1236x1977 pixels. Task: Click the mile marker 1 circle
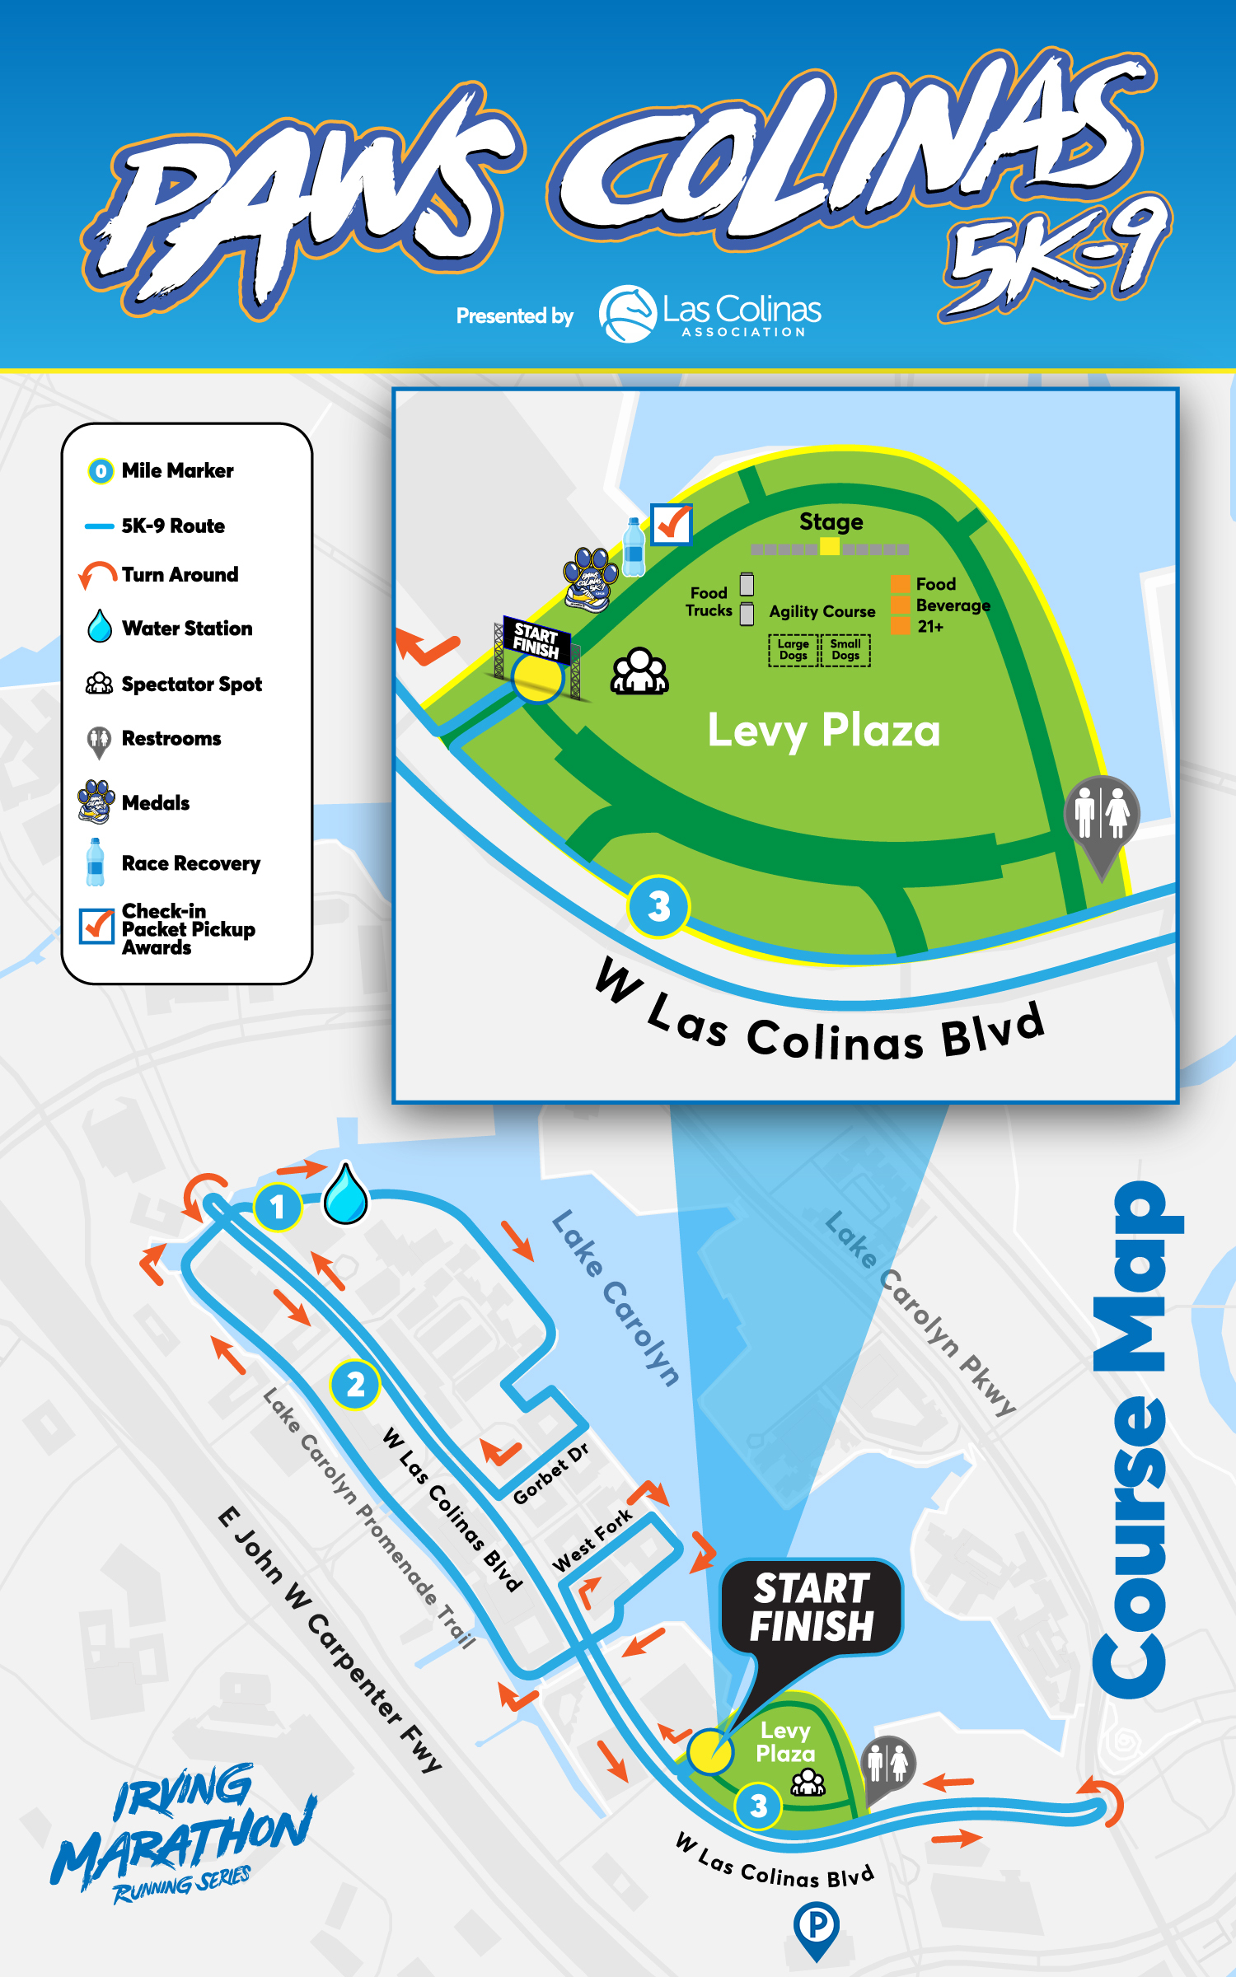point(278,1207)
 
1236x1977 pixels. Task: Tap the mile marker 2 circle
point(355,1385)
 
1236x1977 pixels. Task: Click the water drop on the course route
point(346,1194)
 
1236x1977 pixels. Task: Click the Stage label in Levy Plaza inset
point(831,521)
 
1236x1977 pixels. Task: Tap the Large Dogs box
point(793,650)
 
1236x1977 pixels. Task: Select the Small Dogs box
point(845,650)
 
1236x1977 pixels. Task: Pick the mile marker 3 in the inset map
point(658,906)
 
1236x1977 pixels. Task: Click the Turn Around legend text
point(180,574)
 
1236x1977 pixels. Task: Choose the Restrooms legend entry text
point(171,738)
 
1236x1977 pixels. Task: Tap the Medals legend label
point(156,802)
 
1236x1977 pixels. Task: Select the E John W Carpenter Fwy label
point(330,1639)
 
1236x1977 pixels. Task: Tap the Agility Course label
point(822,611)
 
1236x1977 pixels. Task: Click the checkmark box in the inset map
point(672,524)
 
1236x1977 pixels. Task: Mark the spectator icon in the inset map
point(639,671)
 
